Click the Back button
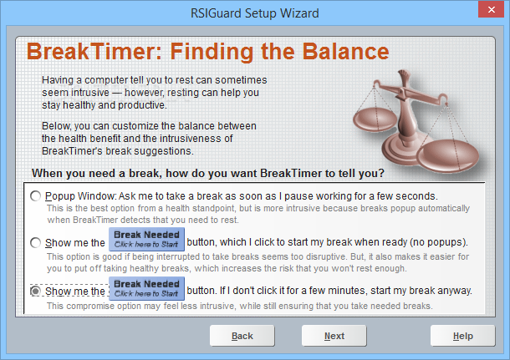242,336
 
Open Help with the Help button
463,336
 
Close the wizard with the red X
491,9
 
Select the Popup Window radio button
35,196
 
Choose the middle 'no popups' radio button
35,242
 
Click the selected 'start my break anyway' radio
35,291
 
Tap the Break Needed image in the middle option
146,239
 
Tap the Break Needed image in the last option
146,288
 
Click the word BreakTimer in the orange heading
94,52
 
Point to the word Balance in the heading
345,52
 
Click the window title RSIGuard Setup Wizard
255,13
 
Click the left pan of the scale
375,119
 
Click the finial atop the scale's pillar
403,76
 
